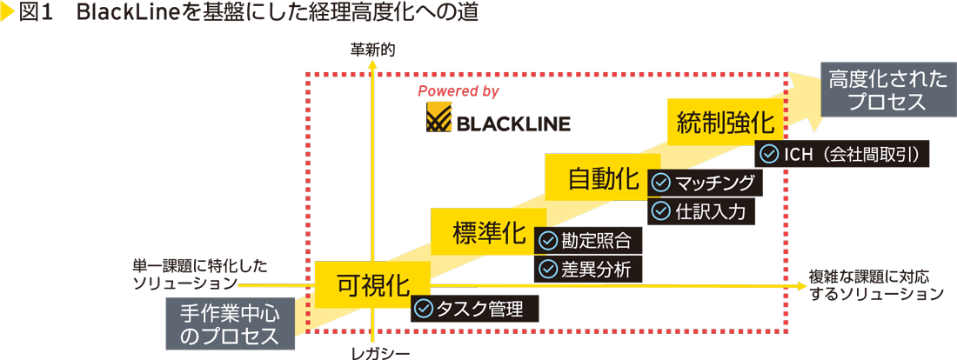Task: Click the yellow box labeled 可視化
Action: (x=372, y=283)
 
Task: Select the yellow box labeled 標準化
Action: (x=489, y=232)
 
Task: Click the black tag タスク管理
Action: (x=474, y=309)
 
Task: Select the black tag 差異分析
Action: (x=588, y=269)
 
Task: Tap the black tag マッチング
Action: (x=706, y=183)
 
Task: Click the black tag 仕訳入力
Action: (x=700, y=210)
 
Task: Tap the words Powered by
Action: (x=458, y=90)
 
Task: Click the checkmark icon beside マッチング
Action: (x=660, y=183)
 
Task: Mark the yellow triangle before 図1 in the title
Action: (x=7, y=14)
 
